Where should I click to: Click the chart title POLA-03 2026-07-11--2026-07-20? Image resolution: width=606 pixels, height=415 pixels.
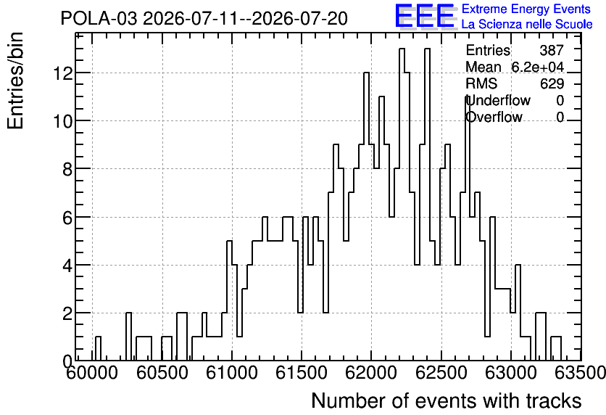[204, 19]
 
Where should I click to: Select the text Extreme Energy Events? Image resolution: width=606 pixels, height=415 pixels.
[526, 9]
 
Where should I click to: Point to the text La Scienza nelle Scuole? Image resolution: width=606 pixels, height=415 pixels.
[527, 24]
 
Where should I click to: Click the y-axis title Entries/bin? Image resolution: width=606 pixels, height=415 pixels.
[15, 81]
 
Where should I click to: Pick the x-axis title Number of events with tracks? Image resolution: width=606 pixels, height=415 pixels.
[447, 400]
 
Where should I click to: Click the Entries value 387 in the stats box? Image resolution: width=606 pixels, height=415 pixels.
[552, 50]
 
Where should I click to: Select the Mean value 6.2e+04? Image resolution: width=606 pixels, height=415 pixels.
[538, 67]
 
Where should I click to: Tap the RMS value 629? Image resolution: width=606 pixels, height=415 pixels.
[552, 83]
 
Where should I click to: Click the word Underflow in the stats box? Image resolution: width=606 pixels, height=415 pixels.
[498, 100]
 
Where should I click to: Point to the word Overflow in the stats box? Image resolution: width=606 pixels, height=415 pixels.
[494, 117]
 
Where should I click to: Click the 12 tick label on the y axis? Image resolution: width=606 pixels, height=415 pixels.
[63, 73]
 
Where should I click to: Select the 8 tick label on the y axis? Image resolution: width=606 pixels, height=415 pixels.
[67, 168]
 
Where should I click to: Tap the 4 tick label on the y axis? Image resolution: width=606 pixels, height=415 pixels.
[67, 265]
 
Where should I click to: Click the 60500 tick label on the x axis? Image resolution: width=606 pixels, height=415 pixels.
[162, 372]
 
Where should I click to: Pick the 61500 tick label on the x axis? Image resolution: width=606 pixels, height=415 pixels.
[302, 372]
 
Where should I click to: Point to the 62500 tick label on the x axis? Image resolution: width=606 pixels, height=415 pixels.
[441, 372]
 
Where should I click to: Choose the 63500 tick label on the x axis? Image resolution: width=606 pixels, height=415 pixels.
[581, 372]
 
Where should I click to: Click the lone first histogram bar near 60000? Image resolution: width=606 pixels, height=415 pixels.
[98, 348]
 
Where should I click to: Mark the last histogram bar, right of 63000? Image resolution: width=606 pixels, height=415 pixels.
[556, 348]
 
